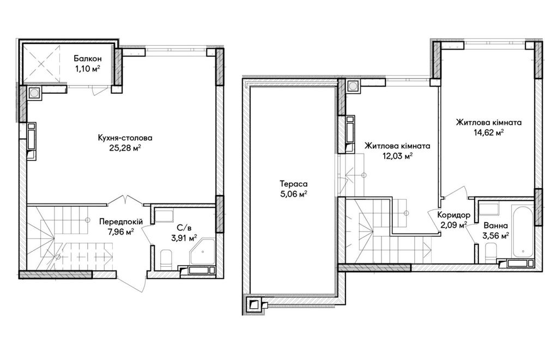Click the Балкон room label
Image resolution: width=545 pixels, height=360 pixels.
87,59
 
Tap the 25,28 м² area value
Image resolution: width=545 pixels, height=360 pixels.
125,148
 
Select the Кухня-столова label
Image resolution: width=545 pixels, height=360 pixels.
125,138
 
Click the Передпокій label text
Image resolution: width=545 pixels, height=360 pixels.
120,221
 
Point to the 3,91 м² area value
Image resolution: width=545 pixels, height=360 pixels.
184,238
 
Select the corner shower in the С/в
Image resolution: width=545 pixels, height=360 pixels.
202,251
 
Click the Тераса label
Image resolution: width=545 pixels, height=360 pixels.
294,184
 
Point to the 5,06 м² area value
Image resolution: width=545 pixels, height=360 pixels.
294,194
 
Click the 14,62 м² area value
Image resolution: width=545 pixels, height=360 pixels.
489,133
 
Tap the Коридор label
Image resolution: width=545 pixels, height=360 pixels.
453,215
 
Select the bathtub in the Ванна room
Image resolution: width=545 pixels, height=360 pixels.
522,230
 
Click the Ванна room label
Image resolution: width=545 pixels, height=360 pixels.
495,225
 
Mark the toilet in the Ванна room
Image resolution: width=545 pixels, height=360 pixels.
491,252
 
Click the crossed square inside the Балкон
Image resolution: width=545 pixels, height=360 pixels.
41,64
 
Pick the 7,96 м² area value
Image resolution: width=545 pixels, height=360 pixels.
120,232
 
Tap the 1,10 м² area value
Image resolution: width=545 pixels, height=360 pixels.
87,69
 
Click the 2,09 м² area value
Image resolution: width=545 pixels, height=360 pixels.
453,225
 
